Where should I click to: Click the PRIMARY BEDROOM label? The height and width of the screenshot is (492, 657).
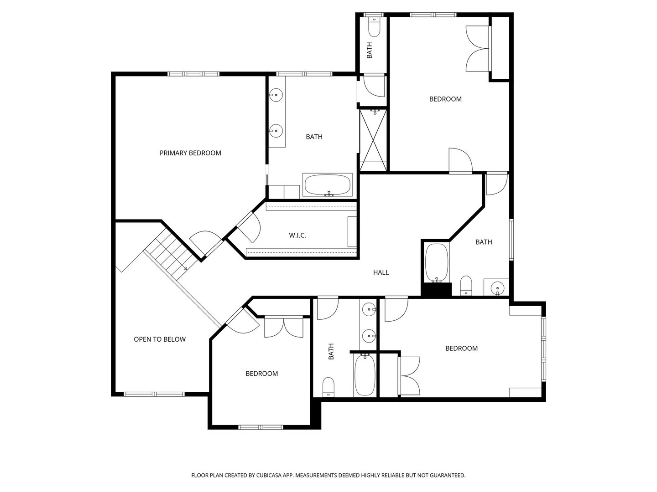pos(190,153)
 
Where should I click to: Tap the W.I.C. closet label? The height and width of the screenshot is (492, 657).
pos(297,236)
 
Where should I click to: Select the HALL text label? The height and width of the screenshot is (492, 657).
pos(381,272)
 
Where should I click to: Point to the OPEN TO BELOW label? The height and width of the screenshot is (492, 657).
pos(160,339)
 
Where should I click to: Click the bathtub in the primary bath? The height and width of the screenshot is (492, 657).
pos(328,185)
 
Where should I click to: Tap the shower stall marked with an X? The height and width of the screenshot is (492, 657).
pos(373,140)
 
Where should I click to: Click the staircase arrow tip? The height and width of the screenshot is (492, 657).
pos(186,269)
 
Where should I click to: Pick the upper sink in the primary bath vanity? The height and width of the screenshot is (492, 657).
pos(276,96)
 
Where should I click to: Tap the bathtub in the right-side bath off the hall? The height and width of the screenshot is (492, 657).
pos(437,263)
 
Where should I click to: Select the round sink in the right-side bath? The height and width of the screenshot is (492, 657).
pos(496,288)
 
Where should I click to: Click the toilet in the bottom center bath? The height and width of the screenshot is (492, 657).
pos(328,387)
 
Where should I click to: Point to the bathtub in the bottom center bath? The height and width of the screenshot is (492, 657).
pos(365,375)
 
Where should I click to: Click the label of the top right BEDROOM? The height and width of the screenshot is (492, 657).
pos(445,99)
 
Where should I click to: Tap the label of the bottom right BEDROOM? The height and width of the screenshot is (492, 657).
pos(461,348)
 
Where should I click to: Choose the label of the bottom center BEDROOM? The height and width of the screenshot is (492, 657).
pos(261,374)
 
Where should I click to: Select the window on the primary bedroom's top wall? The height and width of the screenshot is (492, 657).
pos(193,74)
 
